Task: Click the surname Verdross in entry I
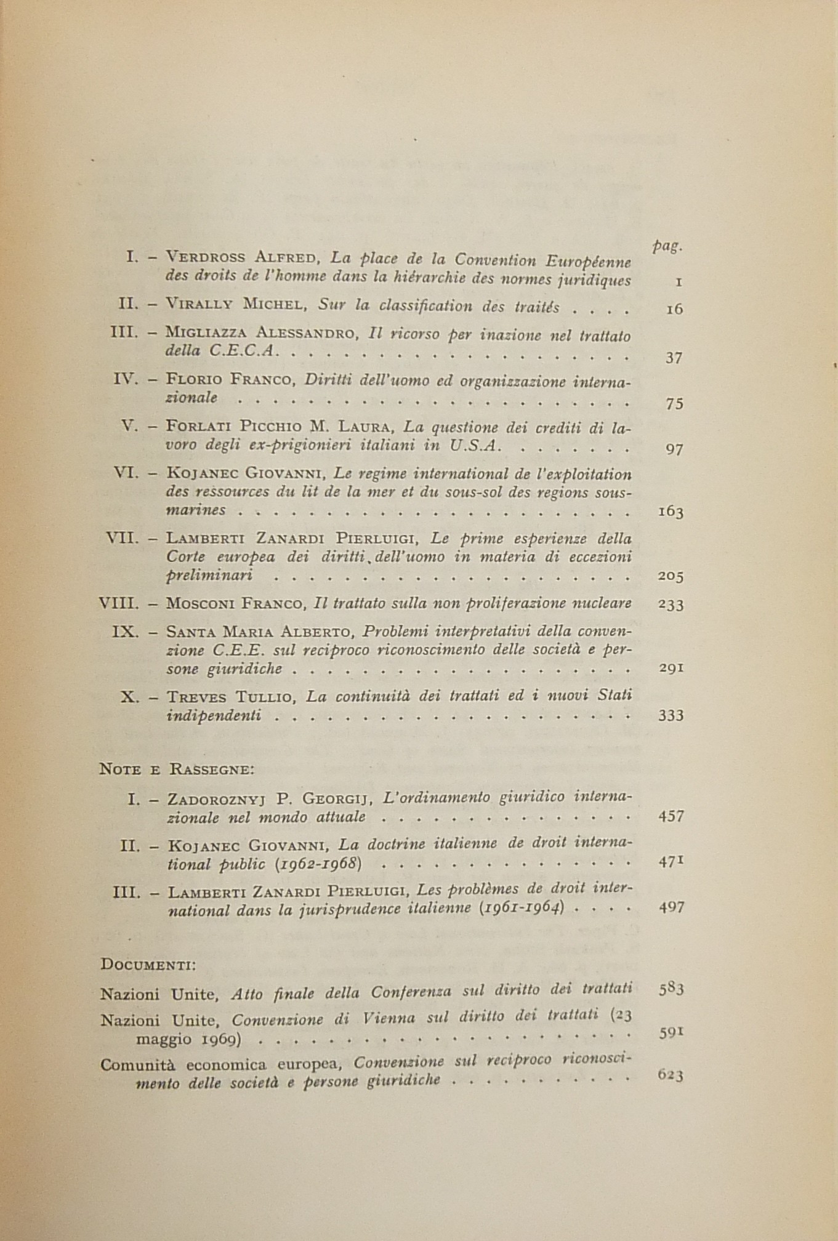click(206, 259)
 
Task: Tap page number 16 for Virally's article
click(674, 310)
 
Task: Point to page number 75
click(674, 404)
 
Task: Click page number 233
click(670, 604)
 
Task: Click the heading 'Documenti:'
click(147, 963)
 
